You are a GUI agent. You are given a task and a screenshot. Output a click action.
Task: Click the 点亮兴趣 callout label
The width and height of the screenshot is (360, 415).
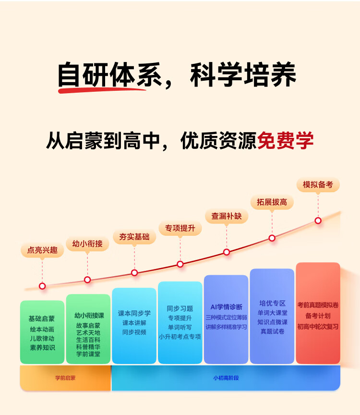click(42, 250)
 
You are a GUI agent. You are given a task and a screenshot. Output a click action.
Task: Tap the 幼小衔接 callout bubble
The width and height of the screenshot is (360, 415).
click(87, 244)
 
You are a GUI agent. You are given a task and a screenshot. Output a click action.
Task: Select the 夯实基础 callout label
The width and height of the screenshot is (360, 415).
click(134, 237)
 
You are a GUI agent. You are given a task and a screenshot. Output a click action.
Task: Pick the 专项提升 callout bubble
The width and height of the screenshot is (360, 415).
click(180, 228)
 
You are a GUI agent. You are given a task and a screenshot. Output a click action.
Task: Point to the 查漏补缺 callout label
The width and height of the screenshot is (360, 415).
click(226, 216)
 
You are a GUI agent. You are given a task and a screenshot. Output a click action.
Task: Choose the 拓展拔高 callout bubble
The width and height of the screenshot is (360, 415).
click(272, 202)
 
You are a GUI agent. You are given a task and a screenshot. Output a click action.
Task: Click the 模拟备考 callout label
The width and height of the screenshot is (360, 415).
click(318, 184)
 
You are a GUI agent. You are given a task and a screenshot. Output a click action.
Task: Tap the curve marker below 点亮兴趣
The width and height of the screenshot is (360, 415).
click(42, 286)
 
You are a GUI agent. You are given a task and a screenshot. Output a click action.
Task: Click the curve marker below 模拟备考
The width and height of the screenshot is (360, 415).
click(318, 220)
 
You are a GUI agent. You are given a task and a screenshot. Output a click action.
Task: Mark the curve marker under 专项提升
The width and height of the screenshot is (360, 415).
click(180, 264)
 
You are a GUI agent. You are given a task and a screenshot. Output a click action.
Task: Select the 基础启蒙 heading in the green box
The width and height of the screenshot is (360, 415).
click(42, 318)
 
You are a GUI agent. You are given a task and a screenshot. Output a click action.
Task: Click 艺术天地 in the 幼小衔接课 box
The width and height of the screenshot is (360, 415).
click(88, 332)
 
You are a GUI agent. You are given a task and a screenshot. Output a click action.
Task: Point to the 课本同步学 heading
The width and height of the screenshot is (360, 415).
click(134, 313)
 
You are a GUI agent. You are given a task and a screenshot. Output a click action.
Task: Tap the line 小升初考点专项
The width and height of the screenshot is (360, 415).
click(180, 337)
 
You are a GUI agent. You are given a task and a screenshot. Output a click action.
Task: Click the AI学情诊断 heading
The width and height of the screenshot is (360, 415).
click(226, 307)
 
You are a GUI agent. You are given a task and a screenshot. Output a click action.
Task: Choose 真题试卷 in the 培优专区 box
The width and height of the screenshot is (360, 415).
click(272, 331)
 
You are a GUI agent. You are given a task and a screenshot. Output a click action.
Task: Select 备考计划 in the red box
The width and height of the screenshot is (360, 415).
click(318, 316)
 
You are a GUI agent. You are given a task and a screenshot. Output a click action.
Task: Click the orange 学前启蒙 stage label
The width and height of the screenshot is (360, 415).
click(65, 378)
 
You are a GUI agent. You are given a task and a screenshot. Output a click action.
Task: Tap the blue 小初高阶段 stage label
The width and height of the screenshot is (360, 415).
click(226, 378)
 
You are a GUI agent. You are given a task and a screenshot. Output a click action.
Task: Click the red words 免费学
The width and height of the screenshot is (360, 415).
click(285, 141)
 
